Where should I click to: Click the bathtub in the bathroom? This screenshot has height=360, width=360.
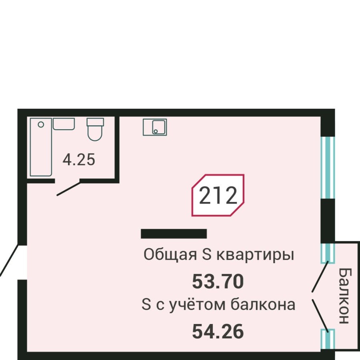(41, 147)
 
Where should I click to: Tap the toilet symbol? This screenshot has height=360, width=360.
(95, 130)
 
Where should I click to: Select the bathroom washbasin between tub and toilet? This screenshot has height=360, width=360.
(64, 124)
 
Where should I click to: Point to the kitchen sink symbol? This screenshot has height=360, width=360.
(155, 127)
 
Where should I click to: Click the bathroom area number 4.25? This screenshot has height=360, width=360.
(79, 160)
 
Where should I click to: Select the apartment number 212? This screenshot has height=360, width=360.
(218, 196)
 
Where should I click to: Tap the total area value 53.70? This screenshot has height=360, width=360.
(218, 282)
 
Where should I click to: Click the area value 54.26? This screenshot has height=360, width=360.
(218, 332)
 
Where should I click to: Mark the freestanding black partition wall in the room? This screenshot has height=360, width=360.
(174, 234)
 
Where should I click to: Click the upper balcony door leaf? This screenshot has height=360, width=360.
(320, 276)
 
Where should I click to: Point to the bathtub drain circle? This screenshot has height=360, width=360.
(40, 125)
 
